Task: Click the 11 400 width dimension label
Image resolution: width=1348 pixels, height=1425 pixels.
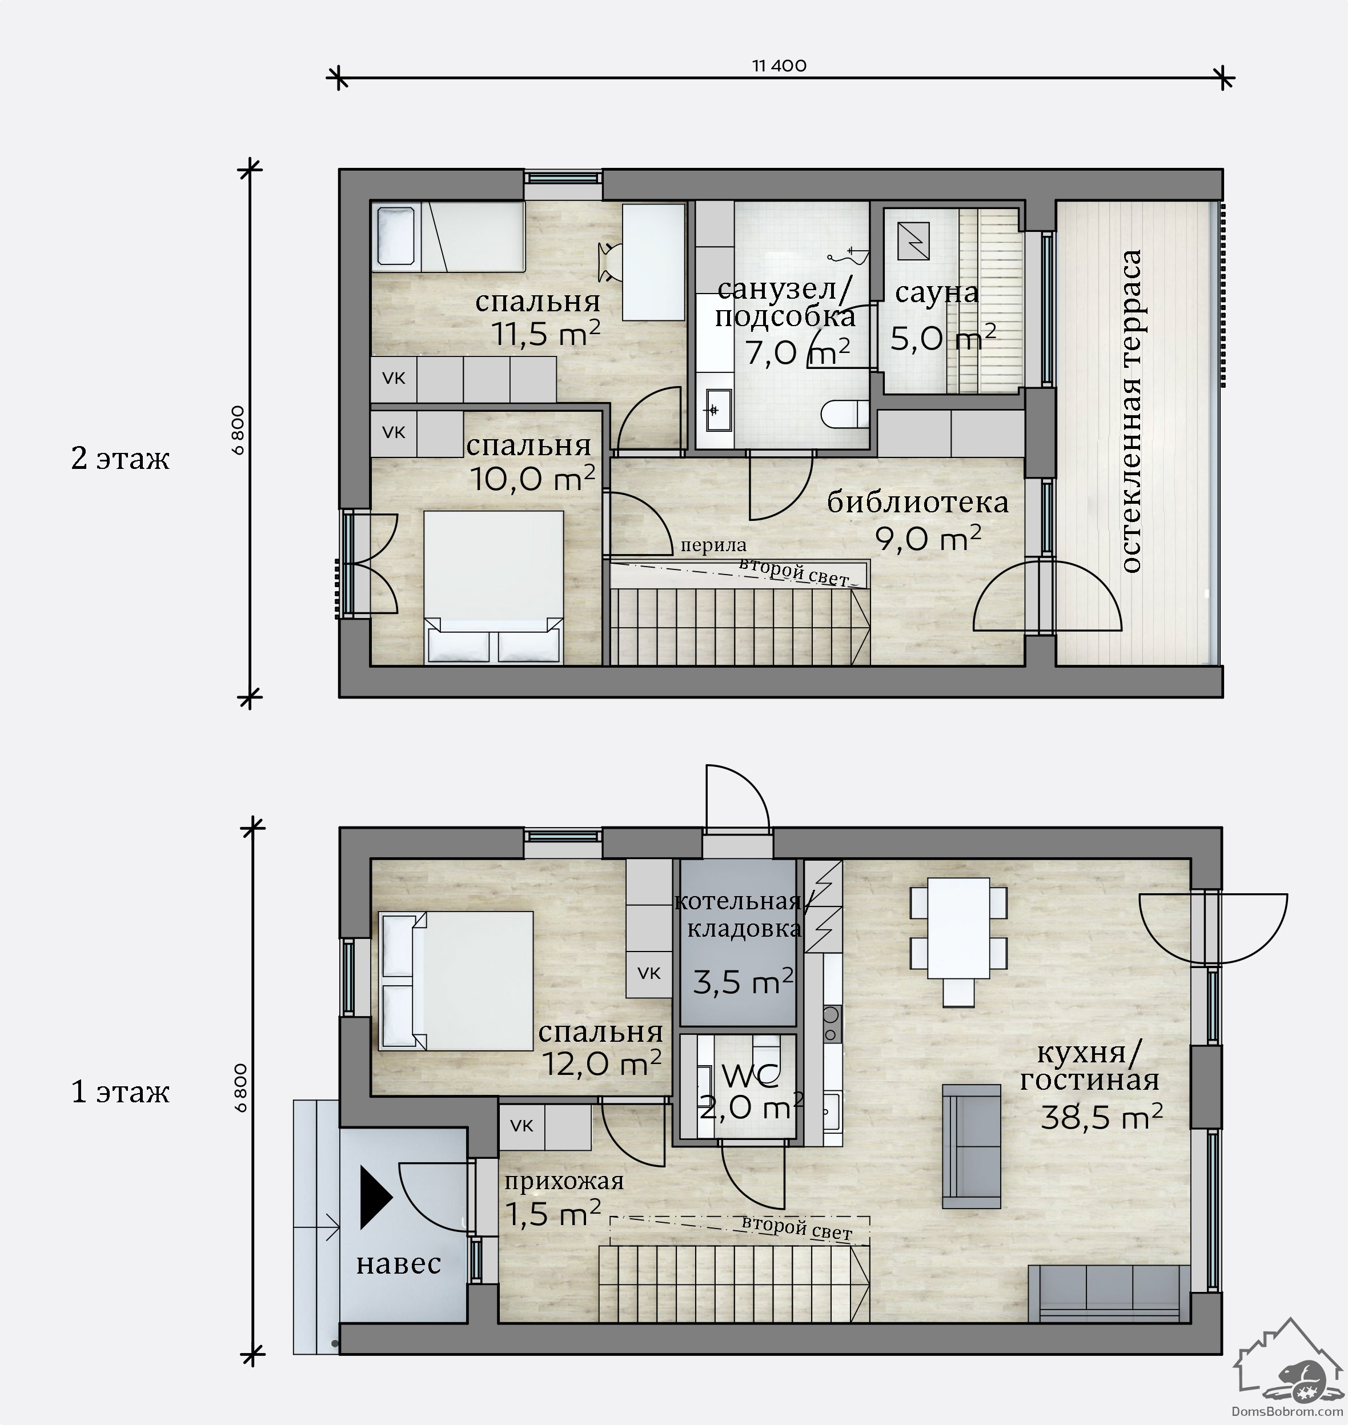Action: point(779,66)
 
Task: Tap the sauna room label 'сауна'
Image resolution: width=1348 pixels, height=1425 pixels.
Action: point(936,292)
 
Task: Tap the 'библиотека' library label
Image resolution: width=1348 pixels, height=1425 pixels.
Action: point(917,501)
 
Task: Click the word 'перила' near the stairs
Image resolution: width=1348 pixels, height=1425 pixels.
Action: point(713,546)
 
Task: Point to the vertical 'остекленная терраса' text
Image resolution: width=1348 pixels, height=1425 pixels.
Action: point(1131,411)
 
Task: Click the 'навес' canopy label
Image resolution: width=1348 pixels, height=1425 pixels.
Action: point(399,1263)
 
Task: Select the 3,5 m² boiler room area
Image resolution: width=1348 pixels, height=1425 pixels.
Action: point(743,982)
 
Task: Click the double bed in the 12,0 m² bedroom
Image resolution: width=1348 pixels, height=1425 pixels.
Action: point(456,982)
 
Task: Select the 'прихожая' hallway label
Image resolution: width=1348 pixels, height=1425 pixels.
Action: point(563,1181)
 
